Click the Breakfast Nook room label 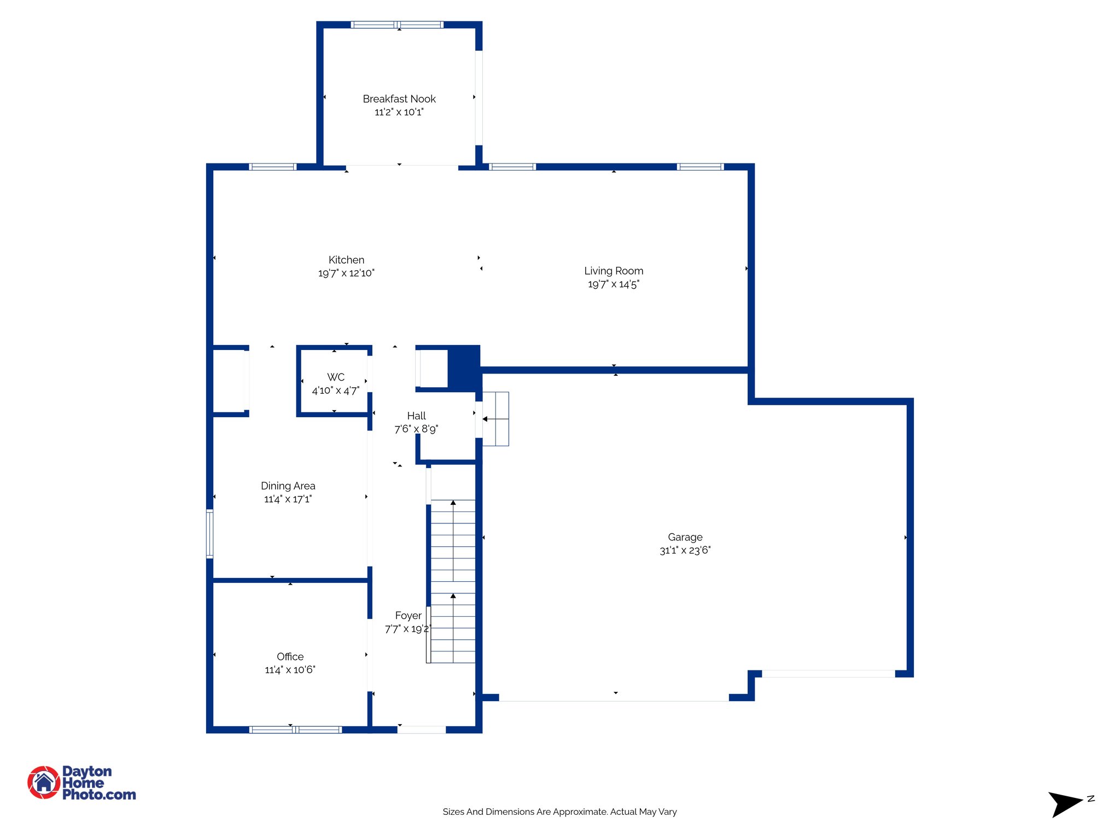(399, 99)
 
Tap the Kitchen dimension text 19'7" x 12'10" (346, 273)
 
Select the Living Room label (614, 271)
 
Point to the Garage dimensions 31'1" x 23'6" (685, 551)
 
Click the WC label (336, 377)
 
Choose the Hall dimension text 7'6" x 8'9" (416, 429)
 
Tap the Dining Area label (288, 486)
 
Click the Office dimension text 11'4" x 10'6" (290, 670)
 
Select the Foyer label (408, 616)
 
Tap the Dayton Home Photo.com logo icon (44, 782)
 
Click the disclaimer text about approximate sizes (559, 812)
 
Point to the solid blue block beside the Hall (464, 367)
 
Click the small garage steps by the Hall (496, 419)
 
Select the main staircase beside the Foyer (453, 581)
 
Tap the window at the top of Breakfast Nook (397, 25)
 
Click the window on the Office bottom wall (296, 730)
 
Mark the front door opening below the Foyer (422, 730)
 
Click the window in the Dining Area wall (209, 533)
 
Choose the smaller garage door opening (829, 674)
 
